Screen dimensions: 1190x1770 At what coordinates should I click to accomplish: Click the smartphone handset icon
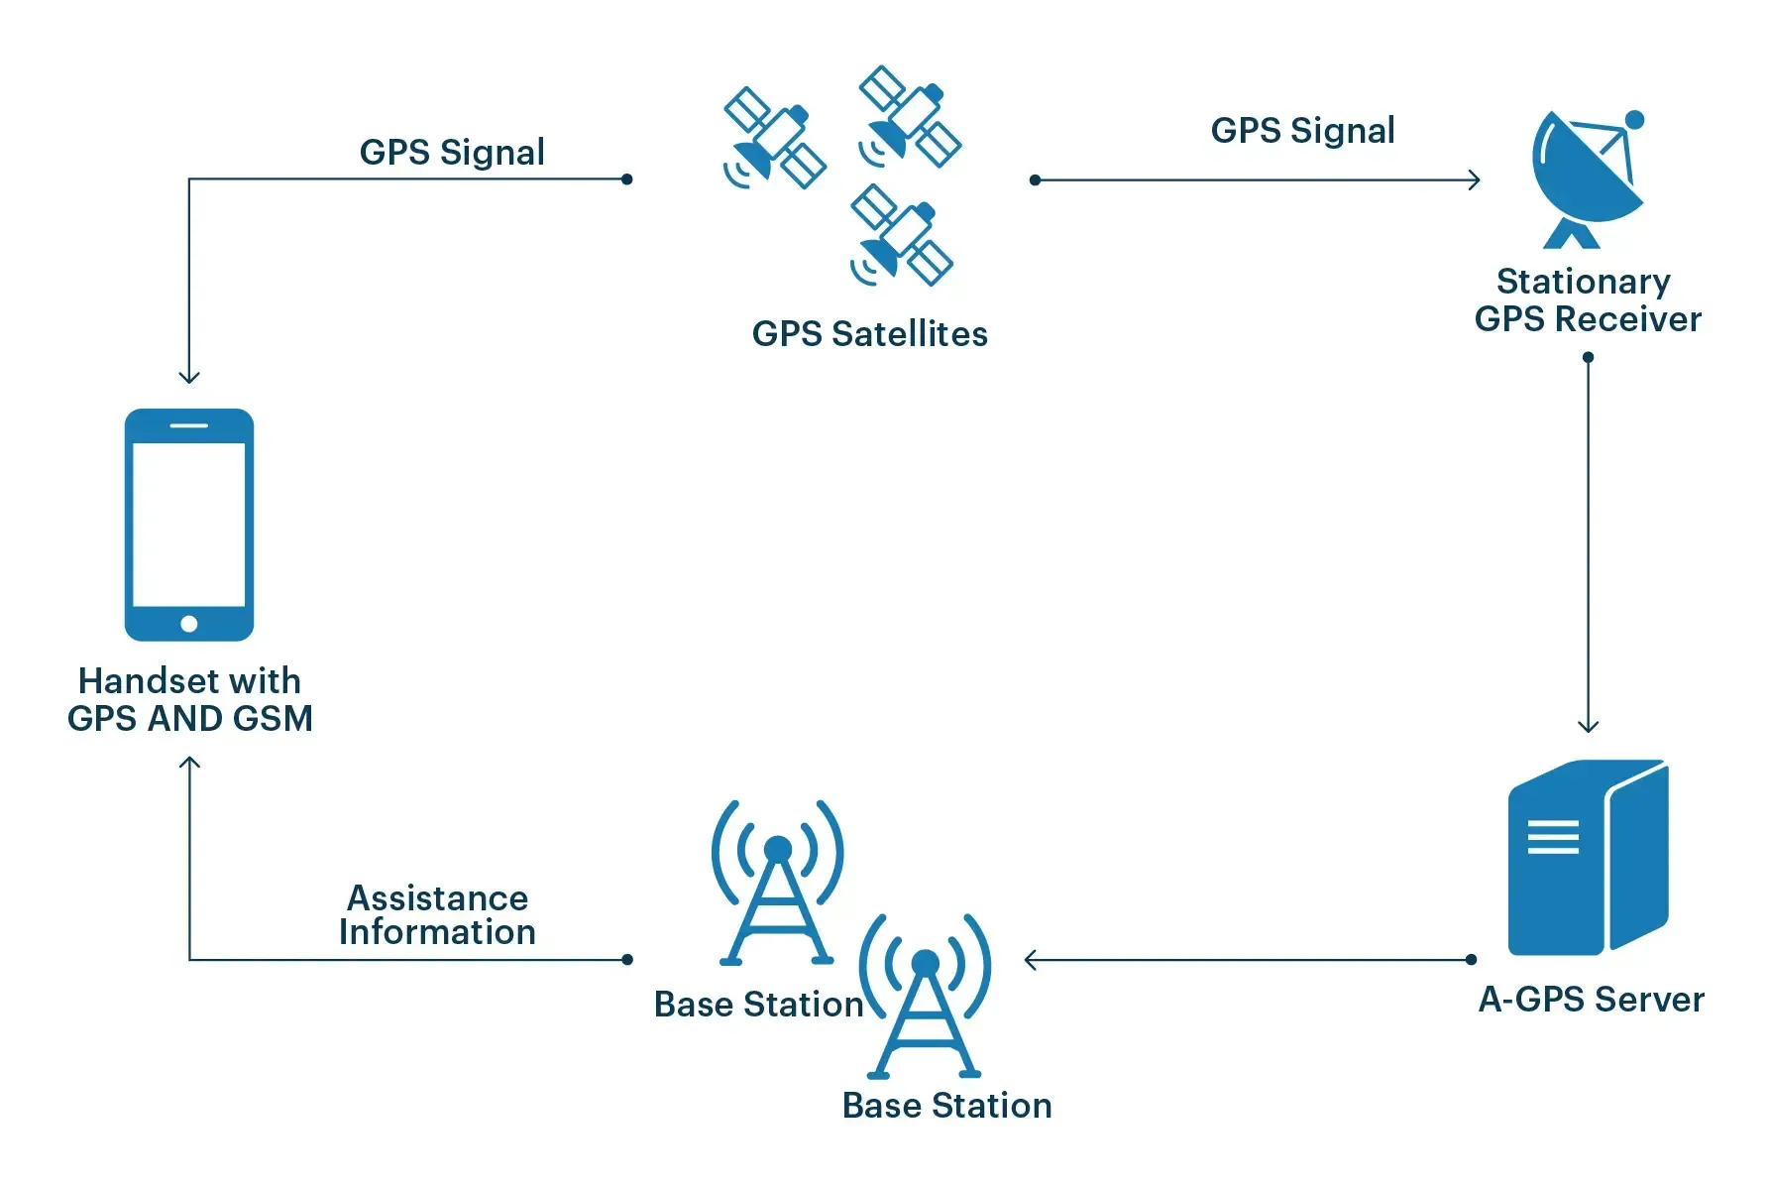tap(188, 524)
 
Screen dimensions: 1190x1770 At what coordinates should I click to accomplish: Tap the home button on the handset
tap(189, 624)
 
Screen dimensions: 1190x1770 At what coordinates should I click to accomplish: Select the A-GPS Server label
tap(1591, 1000)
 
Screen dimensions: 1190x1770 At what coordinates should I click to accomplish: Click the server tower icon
tap(1588, 857)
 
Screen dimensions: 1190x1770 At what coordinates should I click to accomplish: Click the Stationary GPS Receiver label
tap(1587, 300)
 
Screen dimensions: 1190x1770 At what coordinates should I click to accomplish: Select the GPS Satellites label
tap(869, 334)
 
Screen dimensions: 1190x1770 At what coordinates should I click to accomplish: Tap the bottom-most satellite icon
tap(901, 236)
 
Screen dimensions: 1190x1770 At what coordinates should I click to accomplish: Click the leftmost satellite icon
tap(774, 138)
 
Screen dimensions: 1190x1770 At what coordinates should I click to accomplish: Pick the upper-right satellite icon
tap(909, 117)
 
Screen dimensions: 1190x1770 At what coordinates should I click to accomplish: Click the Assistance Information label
tap(437, 915)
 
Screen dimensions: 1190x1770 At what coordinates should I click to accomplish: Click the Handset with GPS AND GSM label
tap(189, 699)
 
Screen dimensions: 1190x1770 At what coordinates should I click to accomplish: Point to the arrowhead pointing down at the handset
tap(189, 377)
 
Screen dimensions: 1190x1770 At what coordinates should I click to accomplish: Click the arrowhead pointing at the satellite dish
tap(1474, 179)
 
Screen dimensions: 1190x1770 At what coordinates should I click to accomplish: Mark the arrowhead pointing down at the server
tap(1588, 726)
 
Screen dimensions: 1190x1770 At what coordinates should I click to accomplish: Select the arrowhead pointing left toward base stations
tap(1031, 960)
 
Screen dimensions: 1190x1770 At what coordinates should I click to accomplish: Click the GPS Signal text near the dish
tap(1302, 131)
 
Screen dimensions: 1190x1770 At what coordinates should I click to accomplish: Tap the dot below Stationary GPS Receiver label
tap(1588, 357)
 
